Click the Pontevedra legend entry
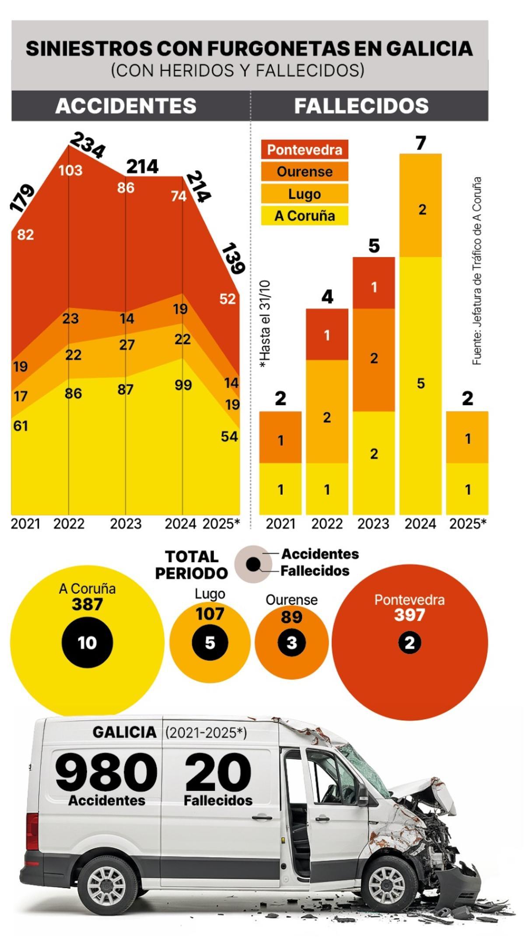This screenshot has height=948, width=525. tap(304, 150)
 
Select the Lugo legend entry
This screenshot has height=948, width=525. tap(304, 194)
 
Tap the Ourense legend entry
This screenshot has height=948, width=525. tap(304, 171)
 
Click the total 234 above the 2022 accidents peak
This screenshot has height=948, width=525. tap(87, 145)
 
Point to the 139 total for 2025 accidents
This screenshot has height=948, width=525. tap(233, 259)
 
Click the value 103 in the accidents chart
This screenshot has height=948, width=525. tap(70, 170)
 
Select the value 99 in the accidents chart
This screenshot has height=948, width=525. tap(183, 385)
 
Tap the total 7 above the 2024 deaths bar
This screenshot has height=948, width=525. tap(420, 143)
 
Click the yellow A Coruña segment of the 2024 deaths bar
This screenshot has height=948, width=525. tap(420, 385)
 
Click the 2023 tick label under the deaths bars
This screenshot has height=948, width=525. tap(373, 524)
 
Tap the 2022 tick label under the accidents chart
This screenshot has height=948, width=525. tap(69, 524)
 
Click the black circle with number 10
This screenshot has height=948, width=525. tap(87, 643)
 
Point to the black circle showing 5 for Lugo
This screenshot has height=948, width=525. tap(210, 643)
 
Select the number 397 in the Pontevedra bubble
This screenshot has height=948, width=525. tap(409, 615)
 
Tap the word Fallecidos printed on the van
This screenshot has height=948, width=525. tap(218, 800)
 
